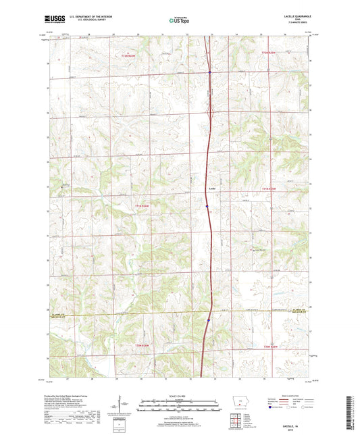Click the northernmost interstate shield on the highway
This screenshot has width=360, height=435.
coord(209,73)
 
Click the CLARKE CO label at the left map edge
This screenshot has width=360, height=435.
coord(58,314)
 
